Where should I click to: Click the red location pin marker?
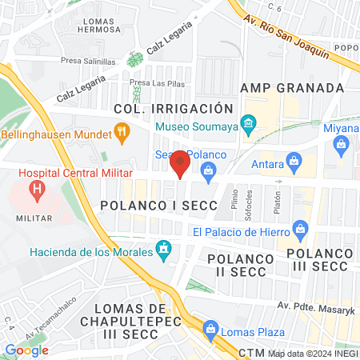tap(180, 164)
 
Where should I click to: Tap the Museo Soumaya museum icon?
tap(248, 123)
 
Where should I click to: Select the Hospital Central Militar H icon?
tap(36, 190)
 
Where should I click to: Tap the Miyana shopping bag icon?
tap(342, 144)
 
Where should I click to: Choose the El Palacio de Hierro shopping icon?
tap(301, 232)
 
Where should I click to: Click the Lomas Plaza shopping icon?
tap(210, 329)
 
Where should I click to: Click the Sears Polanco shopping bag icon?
tap(209, 169)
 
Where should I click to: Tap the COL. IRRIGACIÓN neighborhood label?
tap(174, 108)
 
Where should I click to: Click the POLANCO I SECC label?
tap(158, 206)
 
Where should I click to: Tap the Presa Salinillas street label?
tap(87, 61)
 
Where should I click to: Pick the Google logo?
tap(26, 350)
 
